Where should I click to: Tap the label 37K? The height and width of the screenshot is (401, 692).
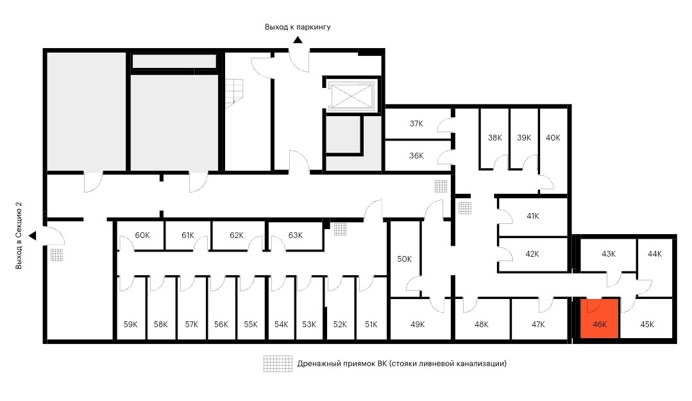pyautogui.click(x=417, y=124)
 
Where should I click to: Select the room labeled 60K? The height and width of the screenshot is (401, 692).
pyautogui.click(x=142, y=235)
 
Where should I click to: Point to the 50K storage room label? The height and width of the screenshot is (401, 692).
pyautogui.click(x=404, y=259)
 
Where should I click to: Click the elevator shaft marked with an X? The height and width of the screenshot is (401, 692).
pyautogui.click(x=350, y=96)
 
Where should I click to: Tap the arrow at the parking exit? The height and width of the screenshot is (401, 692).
pyautogui.click(x=298, y=40)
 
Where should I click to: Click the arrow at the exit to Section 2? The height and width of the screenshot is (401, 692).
pyautogui.click(x=32, y=236)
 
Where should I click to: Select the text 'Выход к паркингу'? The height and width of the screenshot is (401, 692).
pyautogui.click(x=298, y=27)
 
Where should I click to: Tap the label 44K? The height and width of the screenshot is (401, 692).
pyautogui.click(x=654, y=254)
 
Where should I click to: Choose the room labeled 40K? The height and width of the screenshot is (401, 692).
pyautogui.click(x=553, y=138)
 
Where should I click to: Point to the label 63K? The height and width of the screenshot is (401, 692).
pyautogui.click(x=295, y=235)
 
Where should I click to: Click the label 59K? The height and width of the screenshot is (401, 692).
pyautogui.click(x=130, y=325)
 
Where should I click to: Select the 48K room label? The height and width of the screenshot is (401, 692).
pyautogui.click(x=481, y=325)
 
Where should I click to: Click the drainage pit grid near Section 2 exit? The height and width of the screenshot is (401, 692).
pyautogui.click(x=58, y=255)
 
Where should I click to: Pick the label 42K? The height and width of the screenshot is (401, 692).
pyautogui.click(x=532, y=254)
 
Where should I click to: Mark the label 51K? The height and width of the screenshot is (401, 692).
pyautogui.click(x=371, y=325)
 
